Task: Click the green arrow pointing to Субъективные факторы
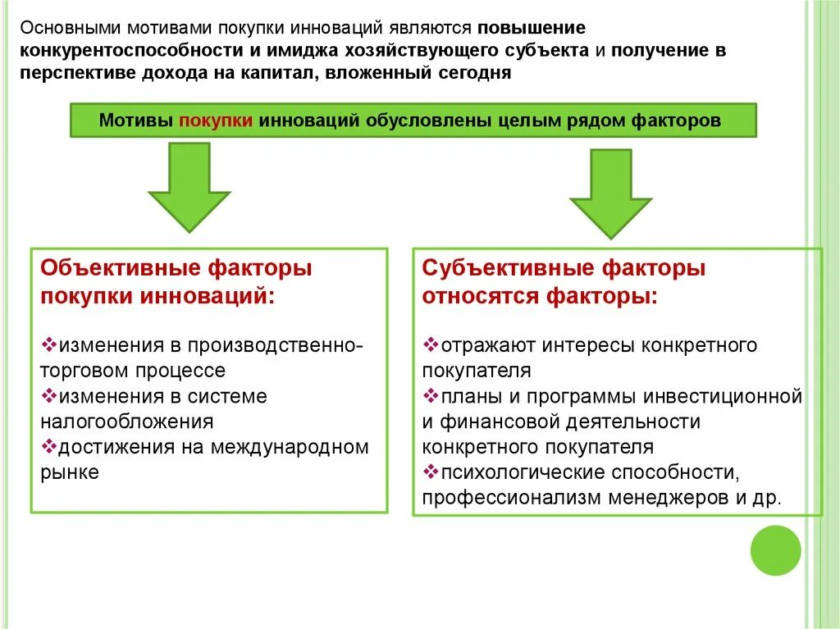click(610, 194)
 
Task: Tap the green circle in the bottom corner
click(776, 551)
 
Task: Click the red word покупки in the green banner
click(215, 121)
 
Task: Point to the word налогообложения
click(127, 422)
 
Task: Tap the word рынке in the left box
click(69, 473)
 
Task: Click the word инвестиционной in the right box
click(722, 397)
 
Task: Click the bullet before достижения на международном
click(48, 447)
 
